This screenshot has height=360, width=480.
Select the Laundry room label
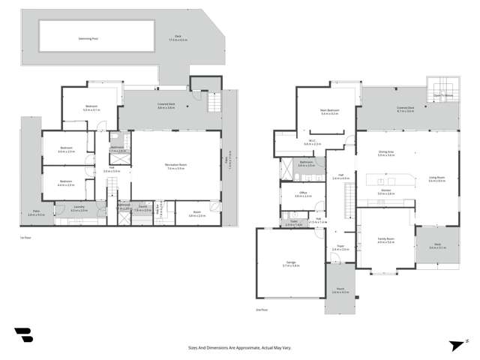[79, 208]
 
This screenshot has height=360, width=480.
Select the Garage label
[289, 262]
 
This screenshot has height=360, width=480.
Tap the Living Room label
[437, 178]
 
